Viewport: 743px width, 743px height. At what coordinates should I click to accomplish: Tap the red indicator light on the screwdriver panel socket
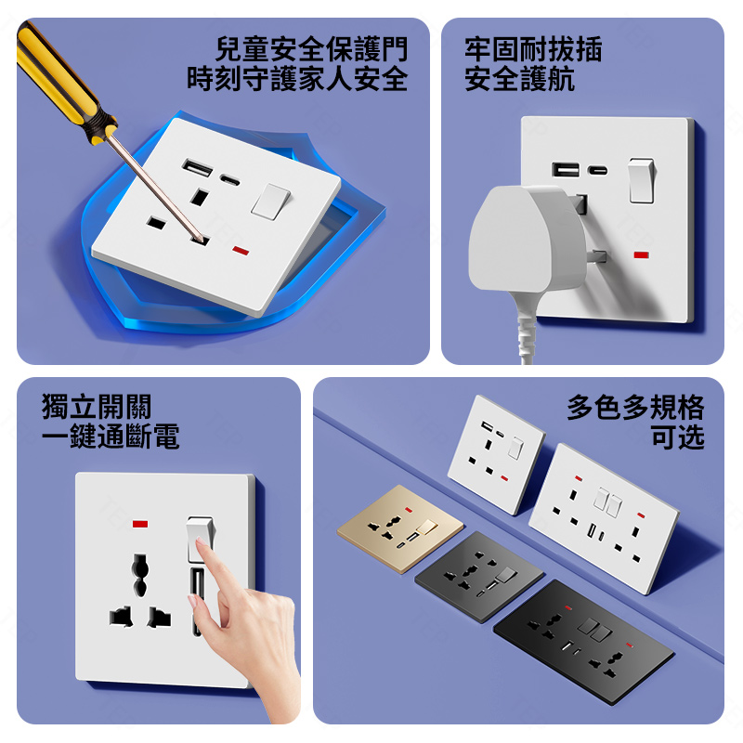point(241,250)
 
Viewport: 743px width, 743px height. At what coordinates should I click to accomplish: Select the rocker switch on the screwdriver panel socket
point(270,202)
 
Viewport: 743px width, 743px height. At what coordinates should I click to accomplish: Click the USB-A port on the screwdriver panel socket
point(197,168)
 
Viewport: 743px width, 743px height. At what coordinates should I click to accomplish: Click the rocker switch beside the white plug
point(641,180)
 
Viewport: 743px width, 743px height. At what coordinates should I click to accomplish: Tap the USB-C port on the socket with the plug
point(597,170)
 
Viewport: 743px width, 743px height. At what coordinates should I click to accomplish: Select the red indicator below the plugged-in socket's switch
point(641,254)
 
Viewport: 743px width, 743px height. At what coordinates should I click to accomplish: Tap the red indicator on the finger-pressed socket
point(140,524)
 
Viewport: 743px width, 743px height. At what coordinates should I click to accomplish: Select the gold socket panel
point(400,528)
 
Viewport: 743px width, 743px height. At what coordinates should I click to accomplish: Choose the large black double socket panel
point(584,642)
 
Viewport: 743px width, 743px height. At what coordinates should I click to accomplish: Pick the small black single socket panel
point(479,577)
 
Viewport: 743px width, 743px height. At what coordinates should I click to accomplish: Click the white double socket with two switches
point(604,518)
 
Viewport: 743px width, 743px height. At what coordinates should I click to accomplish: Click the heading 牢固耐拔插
point(533,49)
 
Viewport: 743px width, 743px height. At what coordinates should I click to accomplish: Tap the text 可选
point(678,437)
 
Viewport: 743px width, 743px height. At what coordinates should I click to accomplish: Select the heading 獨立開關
point(97,407)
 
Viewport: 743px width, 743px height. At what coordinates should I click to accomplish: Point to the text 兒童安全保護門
point(311,49)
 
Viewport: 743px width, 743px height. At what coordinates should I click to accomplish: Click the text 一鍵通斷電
point(111,436)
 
